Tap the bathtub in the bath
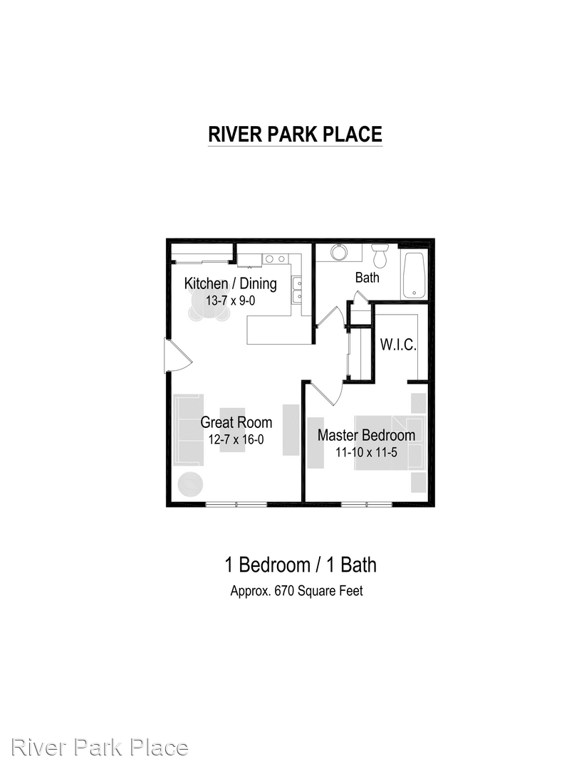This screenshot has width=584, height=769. (414, 275)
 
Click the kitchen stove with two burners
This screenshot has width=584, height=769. (275, 259)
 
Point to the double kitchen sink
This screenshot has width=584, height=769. (297, 291)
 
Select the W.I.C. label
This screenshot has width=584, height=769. (397, 345)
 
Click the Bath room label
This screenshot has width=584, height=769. (367, 278)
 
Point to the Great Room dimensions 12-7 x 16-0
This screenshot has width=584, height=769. (236, 439)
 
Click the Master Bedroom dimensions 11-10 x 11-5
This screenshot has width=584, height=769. (366, 452)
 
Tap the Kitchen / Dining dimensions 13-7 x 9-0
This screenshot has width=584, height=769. (231, 300)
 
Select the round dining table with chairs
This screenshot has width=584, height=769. (209, 305)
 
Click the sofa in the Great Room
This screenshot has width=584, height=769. (189, 429)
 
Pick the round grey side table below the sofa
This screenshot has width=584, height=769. (189, 485)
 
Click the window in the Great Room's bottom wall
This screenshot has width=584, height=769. (236, 503)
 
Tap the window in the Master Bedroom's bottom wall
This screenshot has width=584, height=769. (367, 503)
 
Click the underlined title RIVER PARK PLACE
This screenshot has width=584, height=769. (295, 135)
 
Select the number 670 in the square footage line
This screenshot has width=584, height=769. (284, 591)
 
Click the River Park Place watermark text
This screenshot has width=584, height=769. (100, 748)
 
